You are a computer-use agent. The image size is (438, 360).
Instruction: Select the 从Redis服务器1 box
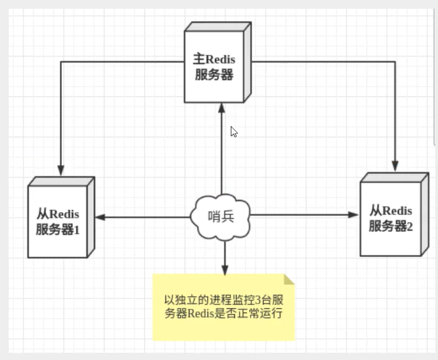point(58,220)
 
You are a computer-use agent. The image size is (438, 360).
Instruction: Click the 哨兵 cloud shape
point(221,216)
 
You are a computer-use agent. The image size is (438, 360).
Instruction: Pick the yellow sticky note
point(224,306)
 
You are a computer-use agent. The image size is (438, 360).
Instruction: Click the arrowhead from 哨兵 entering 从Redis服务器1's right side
point(100,217)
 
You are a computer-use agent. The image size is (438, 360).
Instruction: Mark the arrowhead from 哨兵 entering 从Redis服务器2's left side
point(354,215)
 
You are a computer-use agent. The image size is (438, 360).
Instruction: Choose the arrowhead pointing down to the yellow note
point(224,269)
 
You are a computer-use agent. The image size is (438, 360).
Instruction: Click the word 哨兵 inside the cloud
point(221,216)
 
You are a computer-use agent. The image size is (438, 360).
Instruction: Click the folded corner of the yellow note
point(289,279)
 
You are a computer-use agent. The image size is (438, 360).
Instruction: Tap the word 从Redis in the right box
point(391,210)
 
